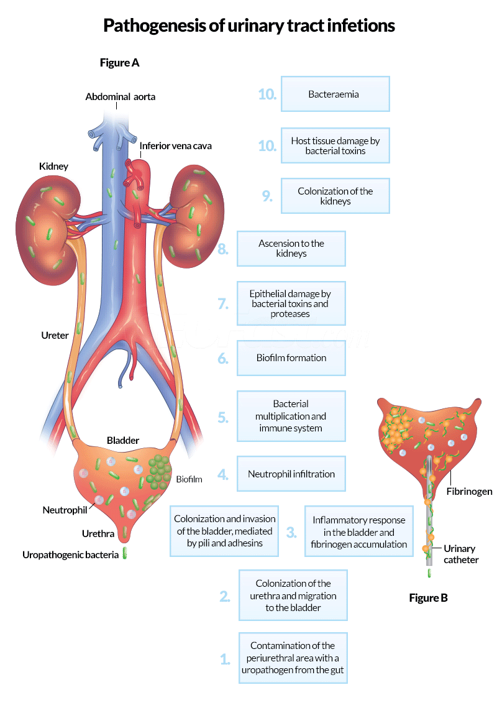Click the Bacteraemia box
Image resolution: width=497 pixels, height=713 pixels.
click(335, 94)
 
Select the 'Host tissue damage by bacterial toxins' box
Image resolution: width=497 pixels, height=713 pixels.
click(335, 145)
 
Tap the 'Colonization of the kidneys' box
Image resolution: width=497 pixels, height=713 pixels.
click(335, 196)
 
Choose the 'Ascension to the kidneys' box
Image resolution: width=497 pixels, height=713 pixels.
click(291, 248)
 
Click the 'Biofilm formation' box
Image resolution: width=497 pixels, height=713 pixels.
click(291, 357)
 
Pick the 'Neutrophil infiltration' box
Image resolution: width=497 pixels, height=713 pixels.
click(291, 474)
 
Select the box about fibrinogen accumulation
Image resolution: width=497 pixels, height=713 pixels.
click(358, 531)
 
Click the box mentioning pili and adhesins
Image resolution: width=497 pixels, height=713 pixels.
click(224, 530)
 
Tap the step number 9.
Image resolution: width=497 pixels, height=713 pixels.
click(267, 196)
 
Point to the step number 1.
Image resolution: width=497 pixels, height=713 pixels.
click(226, 659)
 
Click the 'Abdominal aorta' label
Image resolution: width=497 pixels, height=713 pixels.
click(120, 96)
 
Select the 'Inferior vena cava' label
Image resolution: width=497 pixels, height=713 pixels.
click(175, 146)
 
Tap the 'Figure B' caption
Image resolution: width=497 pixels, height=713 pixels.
click(428, 597)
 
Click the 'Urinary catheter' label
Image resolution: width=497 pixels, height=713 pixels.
click(460, 554)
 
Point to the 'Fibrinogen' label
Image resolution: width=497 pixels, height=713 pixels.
click(469, 491)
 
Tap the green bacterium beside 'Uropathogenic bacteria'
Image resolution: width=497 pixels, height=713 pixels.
click(124, 553)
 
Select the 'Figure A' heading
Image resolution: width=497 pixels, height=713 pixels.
click(119, 62)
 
